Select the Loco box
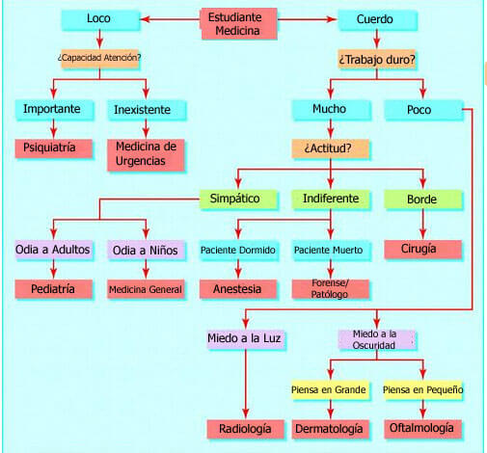pos(98,19)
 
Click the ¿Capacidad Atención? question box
pos(99,57)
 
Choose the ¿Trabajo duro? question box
pos(376,59)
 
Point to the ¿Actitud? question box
pos(329,149)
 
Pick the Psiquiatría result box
pos(54,148)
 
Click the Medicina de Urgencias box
pos(145,154)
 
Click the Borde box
pos(422,200)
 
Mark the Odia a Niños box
pos(145,250)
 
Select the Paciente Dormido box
pos(237,250)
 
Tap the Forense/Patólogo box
pos(329,289)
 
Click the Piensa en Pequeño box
pos(422,389)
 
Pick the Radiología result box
pos(245,428)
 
